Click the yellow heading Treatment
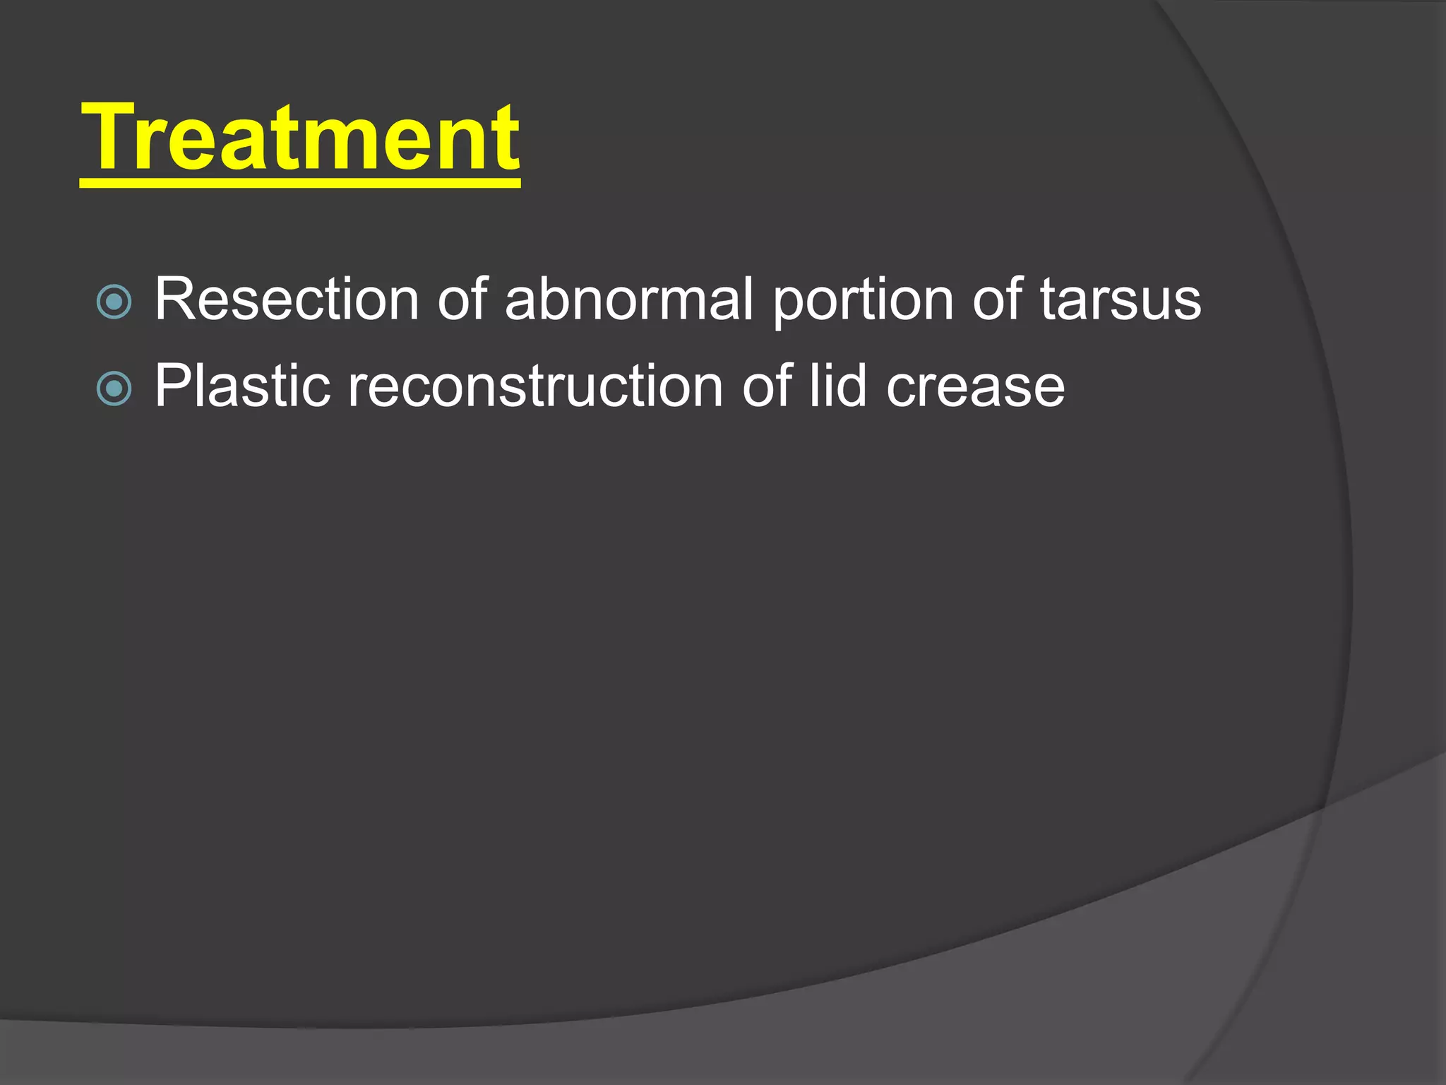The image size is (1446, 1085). point(300,138)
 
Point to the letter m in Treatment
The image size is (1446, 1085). point(346,145)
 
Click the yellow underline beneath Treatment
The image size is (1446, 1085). point(300,183)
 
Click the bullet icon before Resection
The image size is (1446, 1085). point(114,302)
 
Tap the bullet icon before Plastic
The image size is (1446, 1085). point(114,389)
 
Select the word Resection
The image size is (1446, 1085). point(287,300)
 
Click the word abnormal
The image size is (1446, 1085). point(629,300)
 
